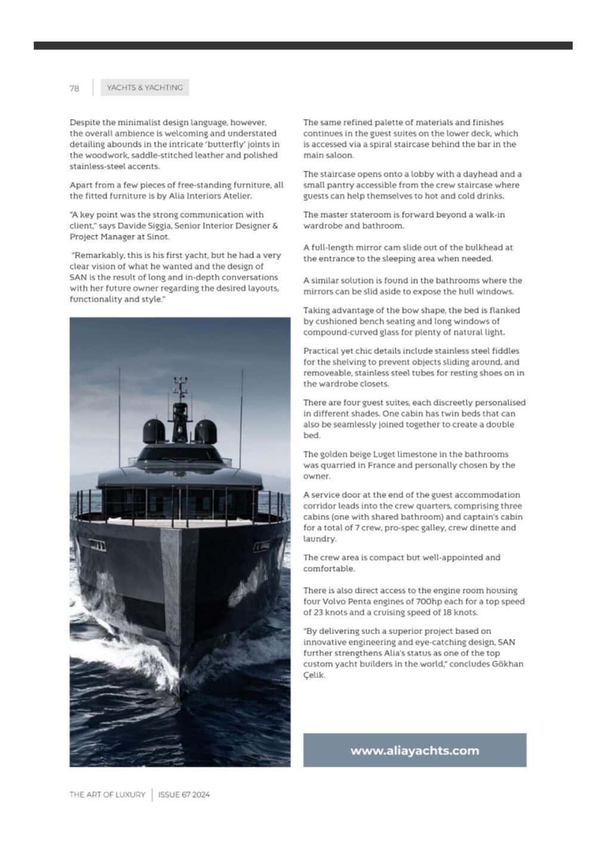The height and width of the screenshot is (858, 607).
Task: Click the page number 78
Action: [74, 88]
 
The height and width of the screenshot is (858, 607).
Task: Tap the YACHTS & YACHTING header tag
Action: [144, 88]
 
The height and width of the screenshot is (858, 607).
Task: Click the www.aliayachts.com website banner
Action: [414, 750]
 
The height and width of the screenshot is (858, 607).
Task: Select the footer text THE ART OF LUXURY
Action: [107, 794]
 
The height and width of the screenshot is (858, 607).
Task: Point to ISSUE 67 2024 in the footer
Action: [184, 794]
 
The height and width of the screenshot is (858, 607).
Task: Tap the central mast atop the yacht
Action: [180, 405]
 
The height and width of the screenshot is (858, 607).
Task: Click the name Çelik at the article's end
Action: [314, 675]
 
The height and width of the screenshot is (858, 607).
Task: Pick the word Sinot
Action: [157, 237]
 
